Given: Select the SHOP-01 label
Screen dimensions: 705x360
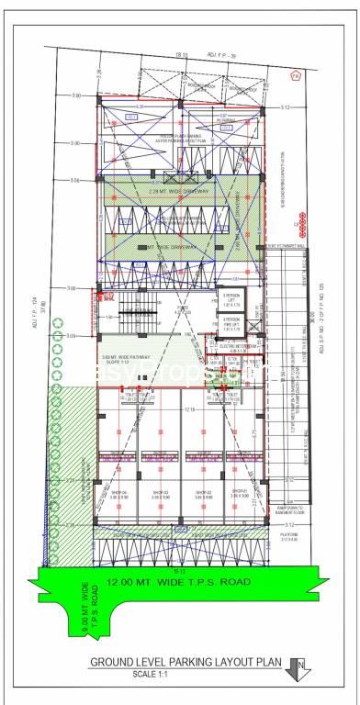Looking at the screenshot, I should click(240, 493).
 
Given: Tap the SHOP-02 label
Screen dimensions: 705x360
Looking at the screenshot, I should click(200, 493).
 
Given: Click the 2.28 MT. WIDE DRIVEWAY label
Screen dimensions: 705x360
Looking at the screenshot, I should click(179, 191).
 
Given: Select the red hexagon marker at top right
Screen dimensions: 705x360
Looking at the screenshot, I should click(295, 78).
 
